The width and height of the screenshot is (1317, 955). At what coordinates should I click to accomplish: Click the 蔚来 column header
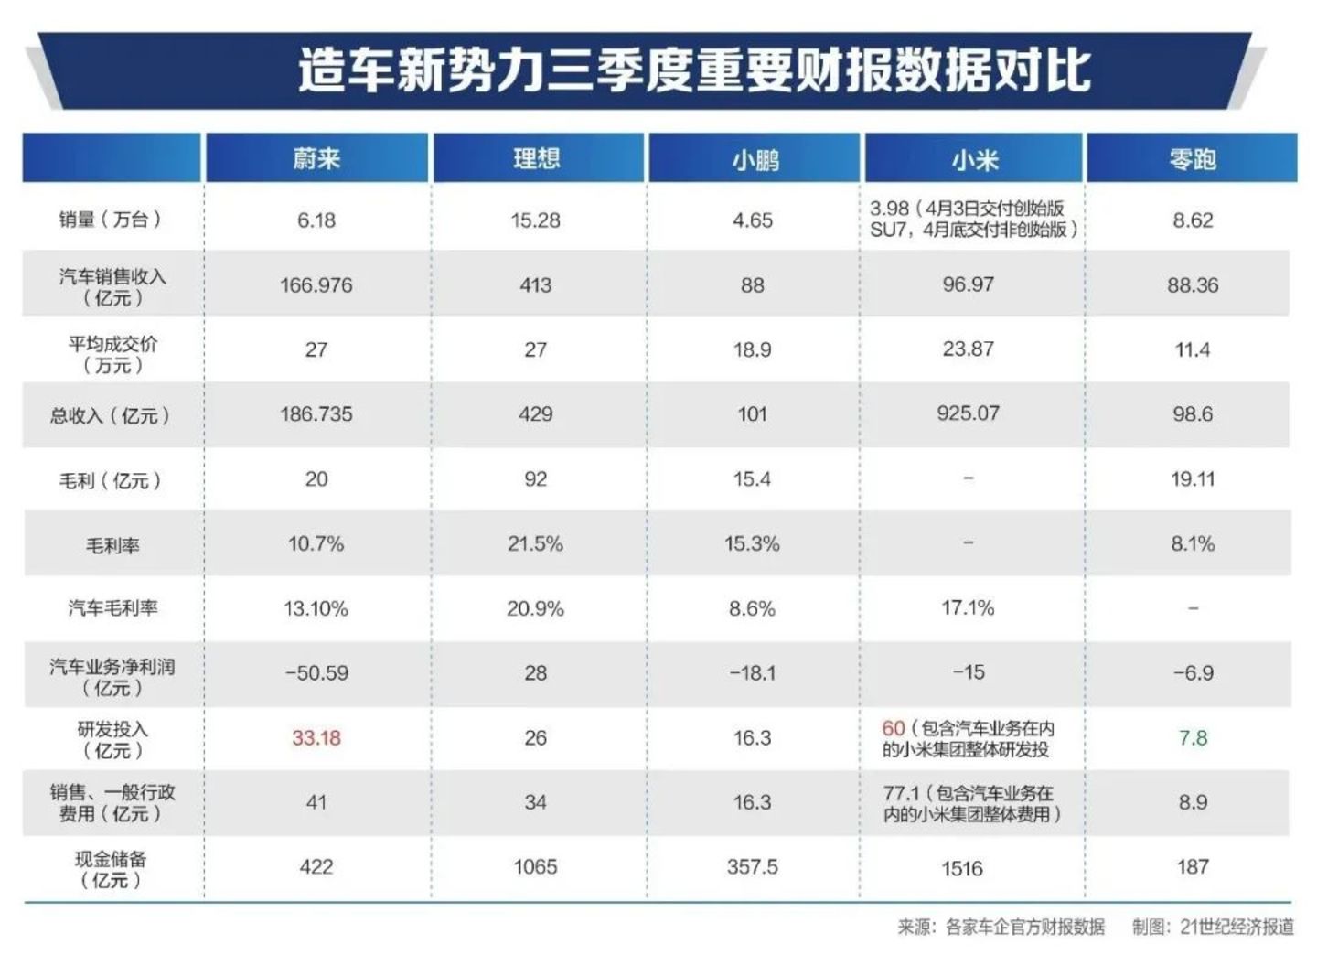[316, 159]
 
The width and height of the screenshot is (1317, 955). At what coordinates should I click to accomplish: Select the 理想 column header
[536, 159]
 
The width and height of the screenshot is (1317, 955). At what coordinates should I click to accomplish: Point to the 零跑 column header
[1192, 160]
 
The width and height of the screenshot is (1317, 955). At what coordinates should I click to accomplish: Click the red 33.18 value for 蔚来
[316, 737]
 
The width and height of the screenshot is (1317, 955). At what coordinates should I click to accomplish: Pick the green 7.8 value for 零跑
[1193, 737]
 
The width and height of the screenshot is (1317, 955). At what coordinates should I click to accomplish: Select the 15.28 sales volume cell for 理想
[535, 220]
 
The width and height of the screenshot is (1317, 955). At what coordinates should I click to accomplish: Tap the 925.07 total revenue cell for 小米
[968, 413]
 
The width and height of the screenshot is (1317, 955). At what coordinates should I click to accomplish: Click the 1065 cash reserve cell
[535, 866]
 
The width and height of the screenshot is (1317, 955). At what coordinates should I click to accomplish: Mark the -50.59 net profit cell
[316, 673]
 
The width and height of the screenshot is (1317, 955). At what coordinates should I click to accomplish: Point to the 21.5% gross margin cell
[535, 544]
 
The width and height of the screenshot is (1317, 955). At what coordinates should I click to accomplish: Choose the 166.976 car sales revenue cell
[316, 285]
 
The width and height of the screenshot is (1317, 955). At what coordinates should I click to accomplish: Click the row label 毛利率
[112, 545]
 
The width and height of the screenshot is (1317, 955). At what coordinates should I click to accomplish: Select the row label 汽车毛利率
[112, 608]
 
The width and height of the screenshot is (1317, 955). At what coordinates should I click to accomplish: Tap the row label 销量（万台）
[111, 220]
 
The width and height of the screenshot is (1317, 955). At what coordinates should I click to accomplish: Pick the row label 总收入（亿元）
[111, 415]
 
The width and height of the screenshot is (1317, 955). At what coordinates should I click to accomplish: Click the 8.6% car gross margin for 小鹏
[752, 608]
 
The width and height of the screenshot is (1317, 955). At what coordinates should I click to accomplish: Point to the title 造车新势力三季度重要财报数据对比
[695, 71]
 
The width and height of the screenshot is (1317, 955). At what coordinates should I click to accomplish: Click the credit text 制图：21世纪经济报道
[1213, 927]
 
